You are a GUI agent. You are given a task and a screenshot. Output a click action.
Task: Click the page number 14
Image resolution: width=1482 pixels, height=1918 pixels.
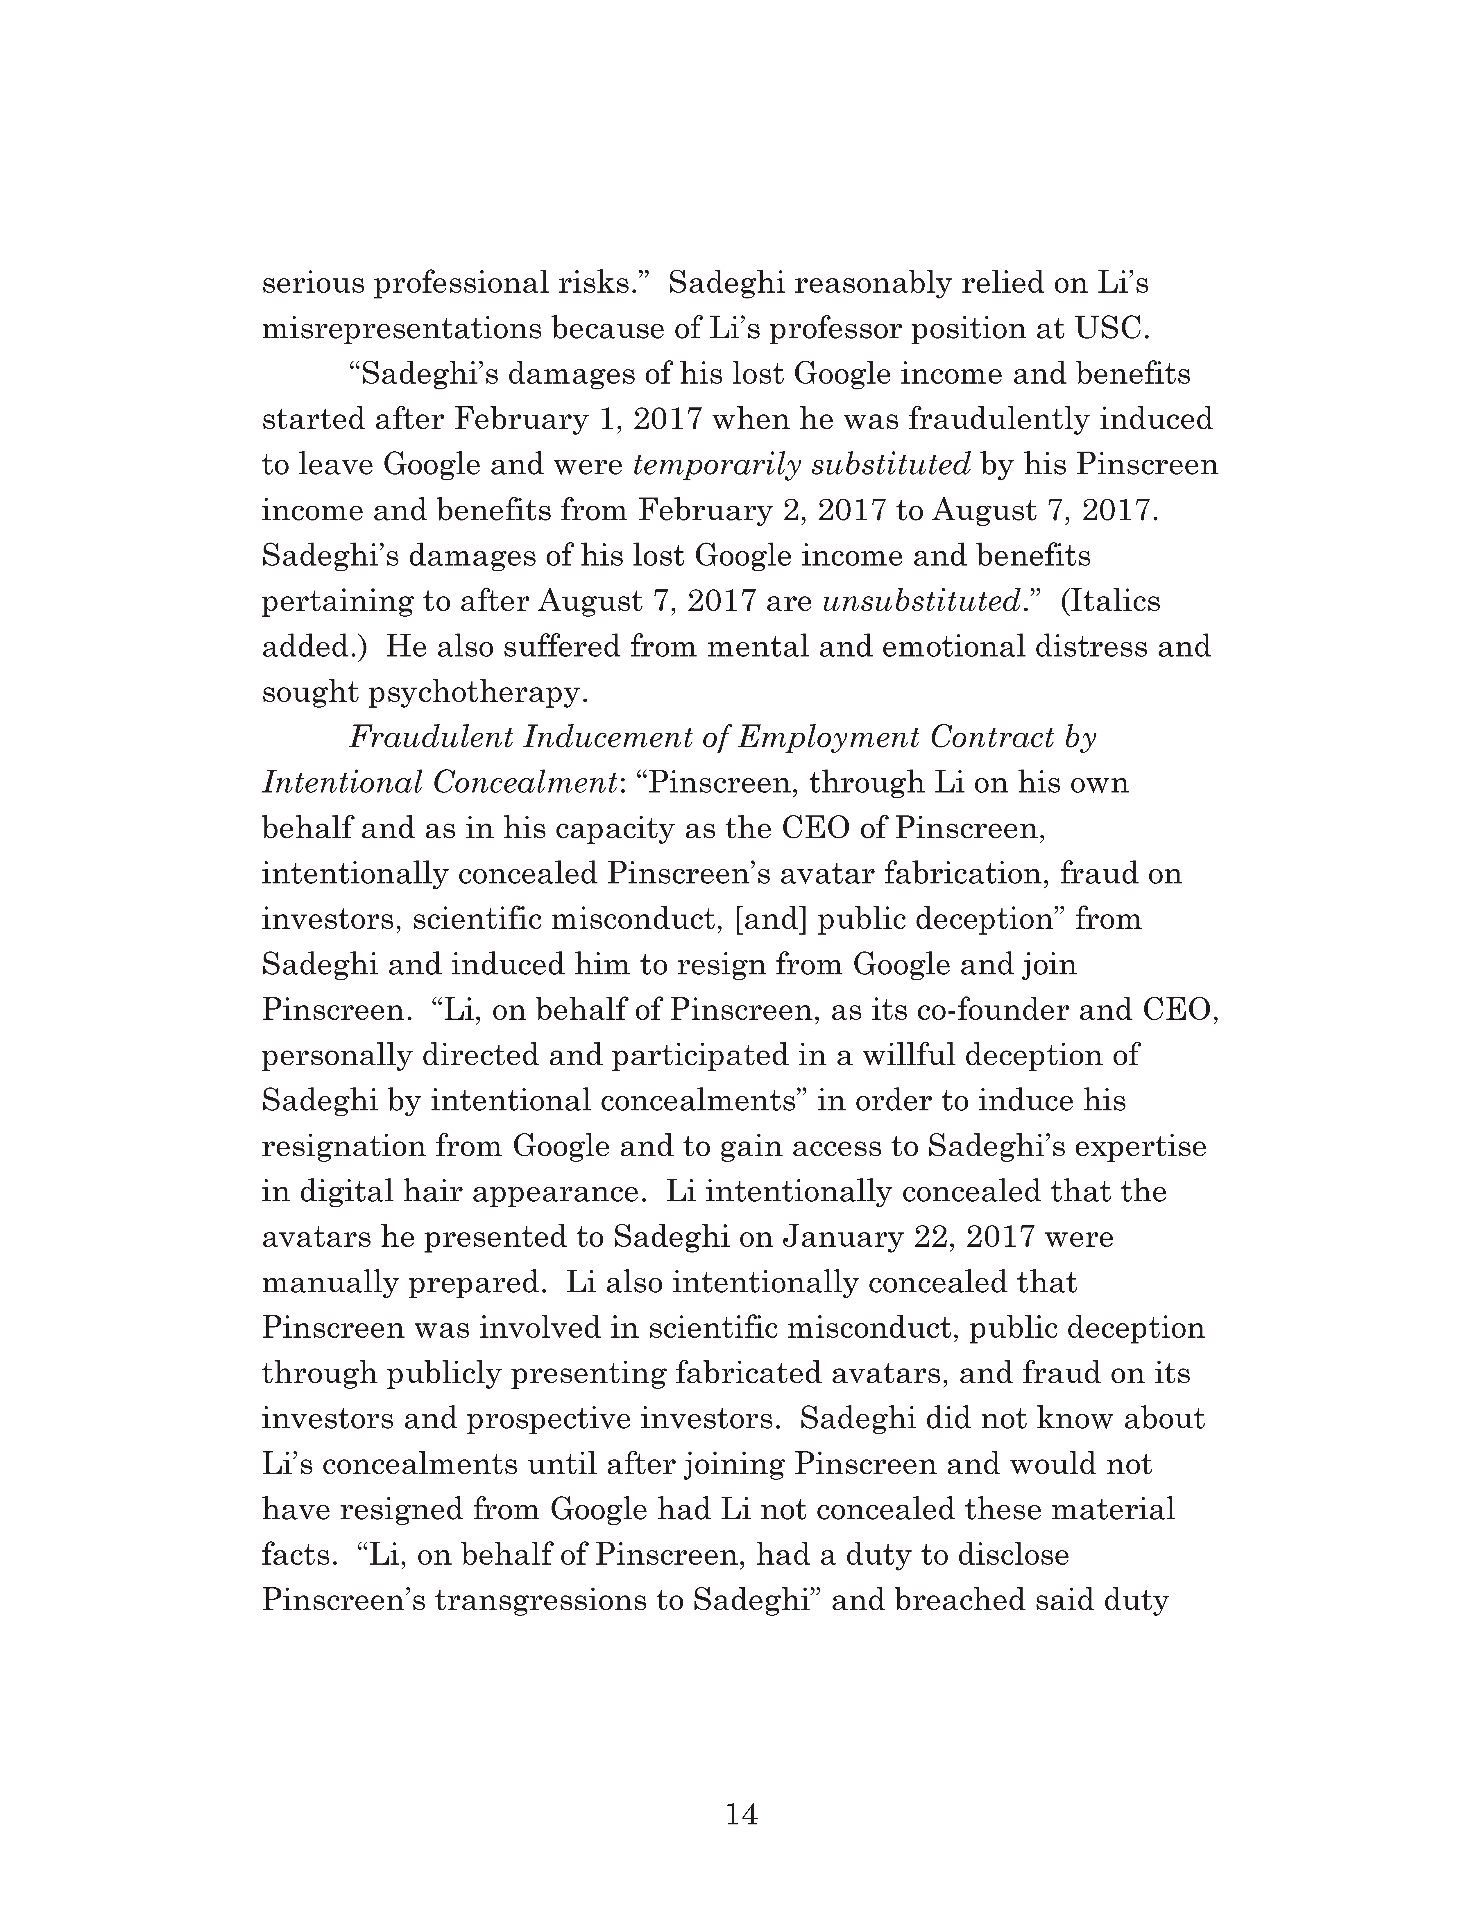tap(741, 1813)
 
